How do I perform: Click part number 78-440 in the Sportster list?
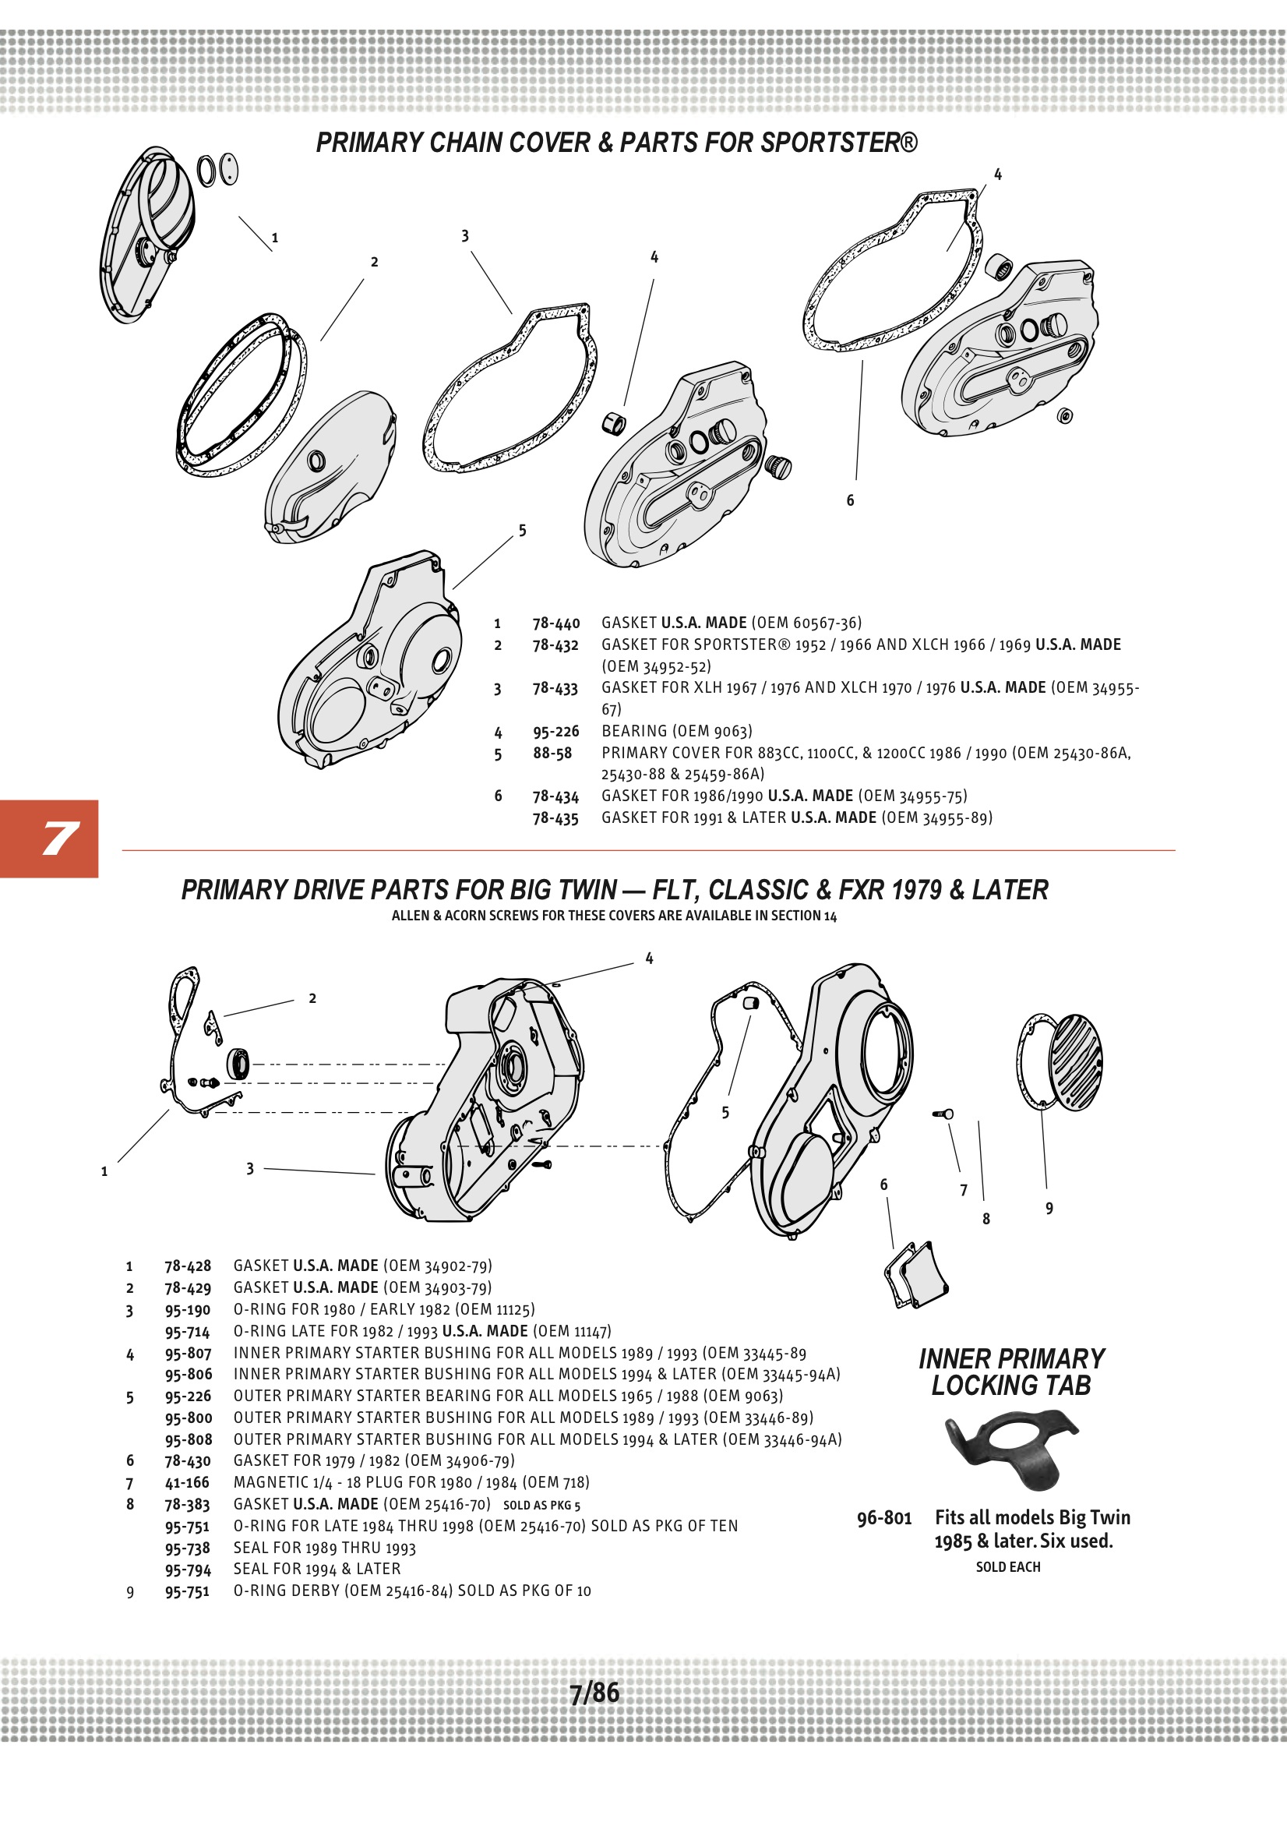555,623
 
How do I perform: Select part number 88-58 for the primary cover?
552,753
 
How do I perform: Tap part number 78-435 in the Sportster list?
555,818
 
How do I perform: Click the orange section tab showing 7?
49,839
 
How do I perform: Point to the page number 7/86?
594,1693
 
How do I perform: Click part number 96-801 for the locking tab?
884,1518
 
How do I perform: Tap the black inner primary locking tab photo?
1012,1446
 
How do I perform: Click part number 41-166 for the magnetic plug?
187,1482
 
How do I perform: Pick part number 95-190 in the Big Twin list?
187,1310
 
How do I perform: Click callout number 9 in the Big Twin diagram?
1049,1209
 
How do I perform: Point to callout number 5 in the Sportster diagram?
522,531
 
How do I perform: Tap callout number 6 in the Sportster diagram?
850,501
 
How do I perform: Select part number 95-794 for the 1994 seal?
188,1569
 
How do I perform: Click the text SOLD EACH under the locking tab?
1007,1566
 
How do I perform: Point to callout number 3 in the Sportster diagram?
465,236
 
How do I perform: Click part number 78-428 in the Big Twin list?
188,1266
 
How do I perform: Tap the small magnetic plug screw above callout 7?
943,1114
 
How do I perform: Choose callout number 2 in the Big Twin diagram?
312,999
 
